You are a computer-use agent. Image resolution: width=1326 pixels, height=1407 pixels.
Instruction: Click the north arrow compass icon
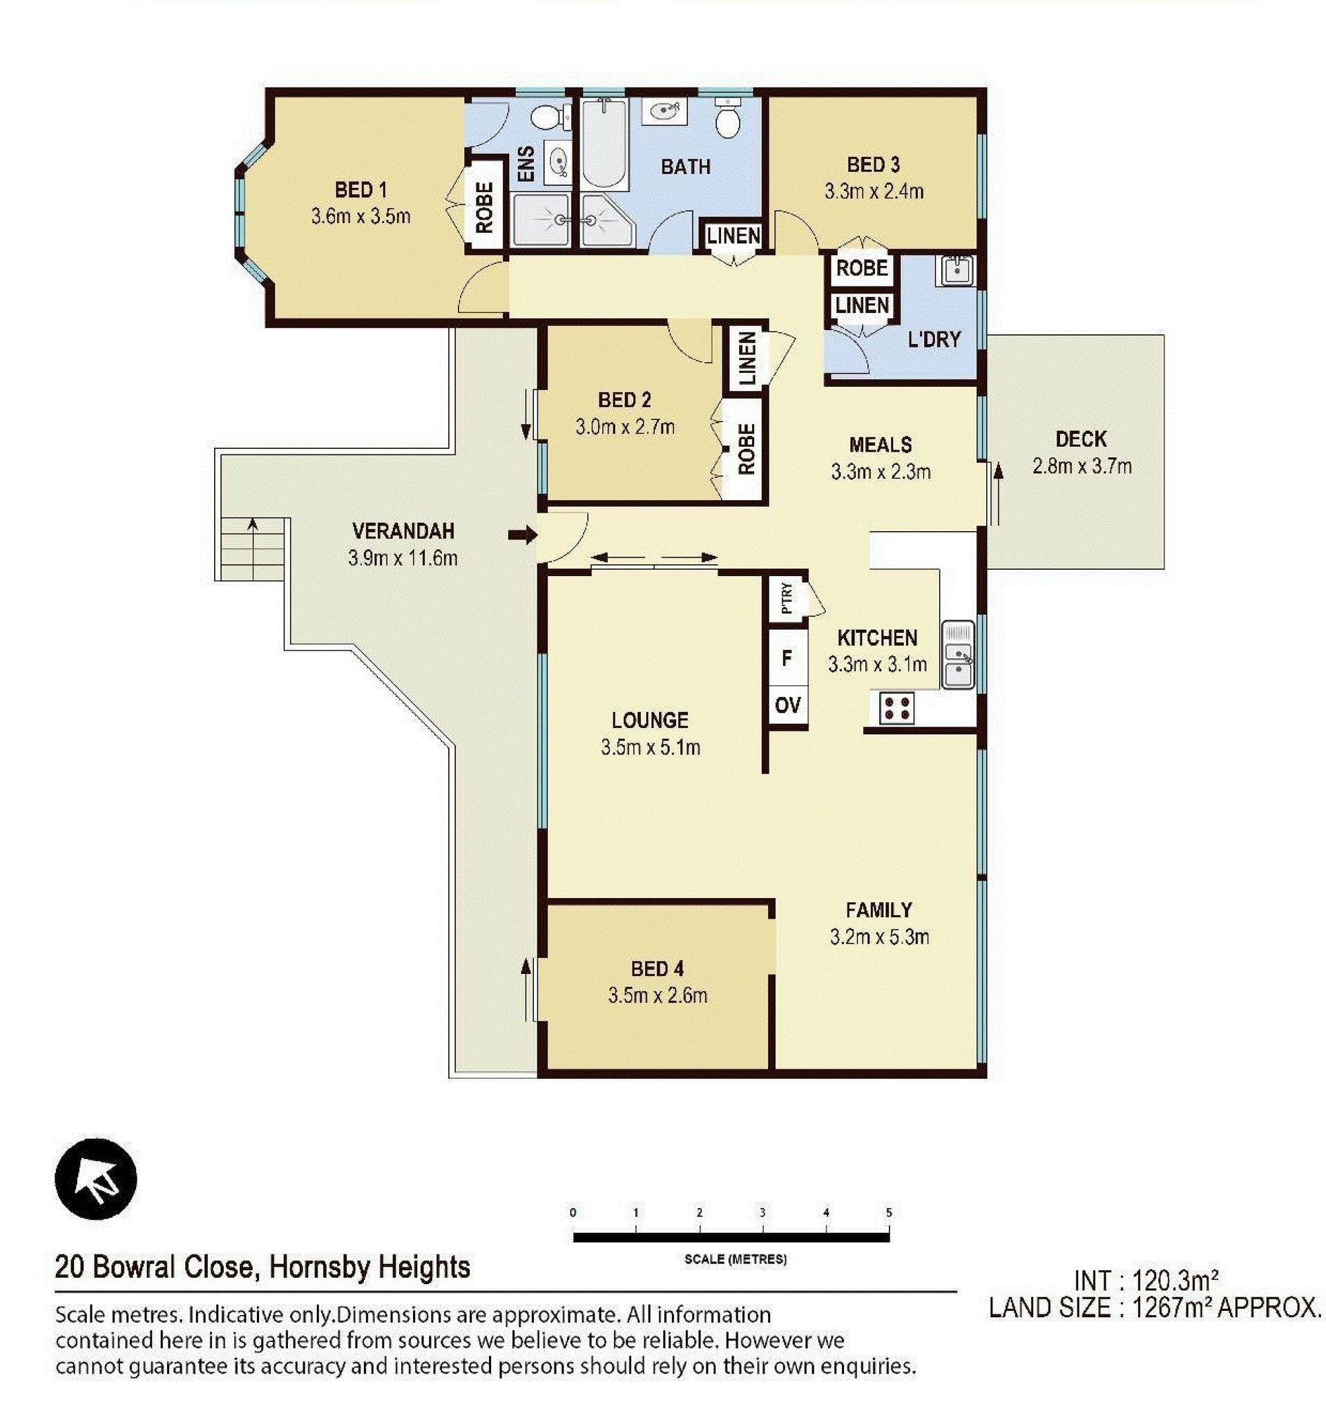pyautogui.click(x=95, y=1178)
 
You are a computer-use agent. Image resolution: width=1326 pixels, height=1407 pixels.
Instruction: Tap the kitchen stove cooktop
pyautogui.click(x=896, y=708)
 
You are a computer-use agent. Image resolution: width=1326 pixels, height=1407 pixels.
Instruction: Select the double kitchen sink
pyautogui.click(x=957, y=655)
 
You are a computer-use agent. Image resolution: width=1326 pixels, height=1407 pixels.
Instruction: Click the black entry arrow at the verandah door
pyautogui.click(x=523, y=535)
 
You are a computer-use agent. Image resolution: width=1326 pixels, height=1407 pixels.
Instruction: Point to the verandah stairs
pyautogui.click(x=253, y=548)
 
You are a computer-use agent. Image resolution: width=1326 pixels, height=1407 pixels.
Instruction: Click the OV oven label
pyautogui.click(x=787, y=705)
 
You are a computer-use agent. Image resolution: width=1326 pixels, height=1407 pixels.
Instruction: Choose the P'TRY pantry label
pyautogui.click(x=787, y=599)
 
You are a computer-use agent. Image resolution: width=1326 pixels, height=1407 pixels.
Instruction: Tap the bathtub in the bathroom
pyautogui.click(x=604, y=144)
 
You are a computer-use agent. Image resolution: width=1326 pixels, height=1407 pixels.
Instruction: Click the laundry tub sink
pyautogui.click(x=956, y=270)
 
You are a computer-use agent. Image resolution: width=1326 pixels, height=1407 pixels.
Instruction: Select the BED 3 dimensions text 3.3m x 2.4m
pyautogui.click(x=874, y=191)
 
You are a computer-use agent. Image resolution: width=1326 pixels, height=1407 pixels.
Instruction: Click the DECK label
pyautogui.click(x=1080, y=439)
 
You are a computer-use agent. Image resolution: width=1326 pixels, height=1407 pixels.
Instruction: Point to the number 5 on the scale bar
pyautogui.click(x=889, y=1212)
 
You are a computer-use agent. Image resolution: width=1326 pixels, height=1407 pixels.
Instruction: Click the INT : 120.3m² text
pyautogui.click(x=1146, y=1281)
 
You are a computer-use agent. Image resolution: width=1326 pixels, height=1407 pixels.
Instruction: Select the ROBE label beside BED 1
pyautogui.click(x=485, y=207)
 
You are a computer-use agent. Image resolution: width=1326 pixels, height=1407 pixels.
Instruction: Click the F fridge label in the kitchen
pyautogui.click(x=787, y=658)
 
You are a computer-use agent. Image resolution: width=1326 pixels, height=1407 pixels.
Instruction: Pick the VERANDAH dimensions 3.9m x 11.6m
pyautogui.click(x=403, y=557)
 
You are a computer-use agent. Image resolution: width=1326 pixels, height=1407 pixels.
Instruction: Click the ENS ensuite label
pyautogui.click(x=526, y=164)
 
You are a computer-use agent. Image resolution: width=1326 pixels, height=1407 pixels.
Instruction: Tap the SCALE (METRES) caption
pyautogui.click(x=736, y=1259)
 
